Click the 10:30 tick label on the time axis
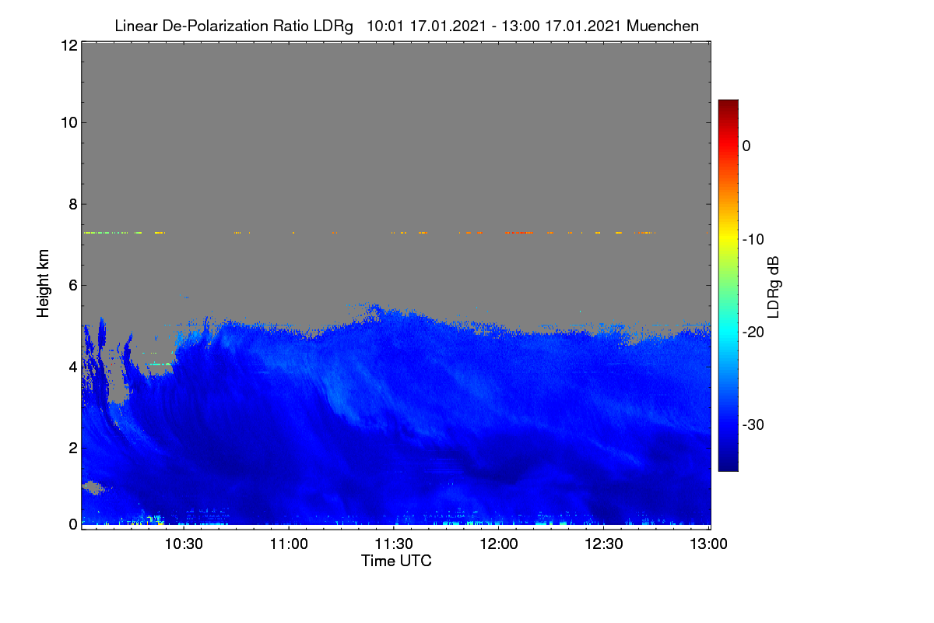tap(184, 544)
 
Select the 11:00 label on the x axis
tap(289, 544)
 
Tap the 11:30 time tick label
tap(394, 544)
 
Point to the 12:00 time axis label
tap(499, 544)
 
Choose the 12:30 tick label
tap(604, 544)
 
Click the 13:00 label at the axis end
tap(708, 544)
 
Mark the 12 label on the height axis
tap(69, 45)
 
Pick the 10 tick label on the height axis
tap(69, 123)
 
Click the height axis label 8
tap(73, 205)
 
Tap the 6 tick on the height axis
tap(73, 286)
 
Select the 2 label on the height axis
tap(73, 448)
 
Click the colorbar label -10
tap(753, 240)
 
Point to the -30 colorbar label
tap(753, 424)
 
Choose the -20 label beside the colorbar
tap(753, 333)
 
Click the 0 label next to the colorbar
tap(746, 146)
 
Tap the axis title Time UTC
tap(396, 561)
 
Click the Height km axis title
tap(43, 283)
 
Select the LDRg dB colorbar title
tap(773, 287)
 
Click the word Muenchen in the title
tap(662, 26)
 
